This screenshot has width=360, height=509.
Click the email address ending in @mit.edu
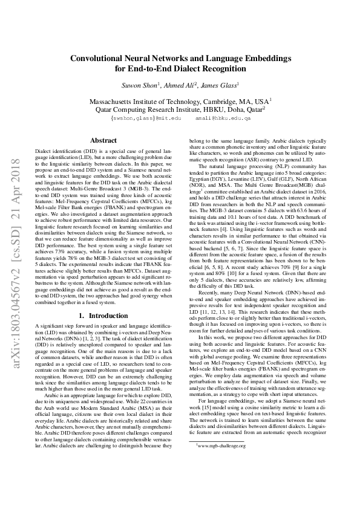click(146, 119)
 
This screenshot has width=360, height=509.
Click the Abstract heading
click(103, 140)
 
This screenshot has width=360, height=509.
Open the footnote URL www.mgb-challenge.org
click(221, 479)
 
